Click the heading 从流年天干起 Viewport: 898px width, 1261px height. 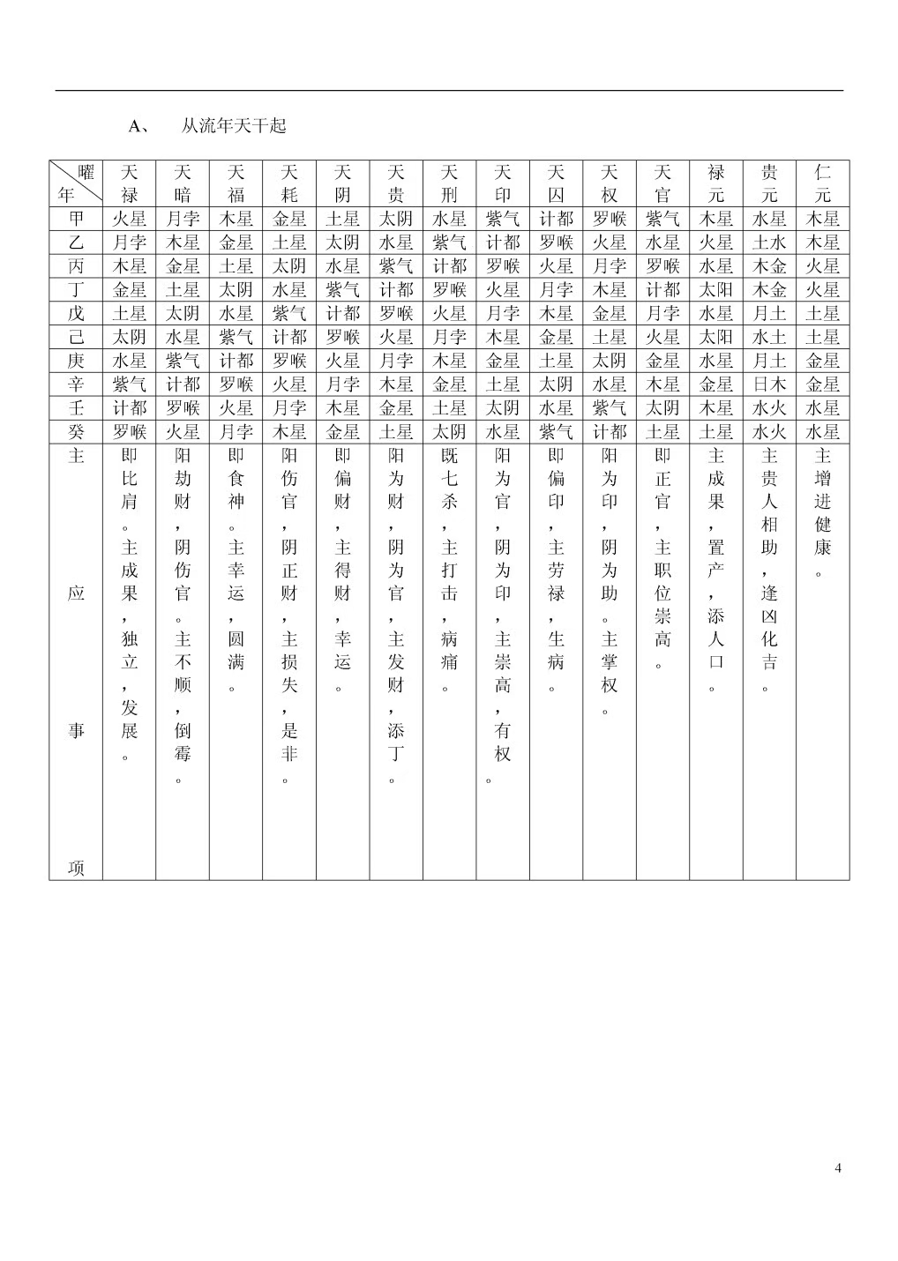tap(233, 126)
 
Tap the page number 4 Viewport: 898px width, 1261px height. tap(837, 1168)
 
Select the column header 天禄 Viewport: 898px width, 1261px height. tap(130, 183)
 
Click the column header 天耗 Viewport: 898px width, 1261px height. tap(289, 183)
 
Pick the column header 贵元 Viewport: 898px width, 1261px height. tap(769, 183)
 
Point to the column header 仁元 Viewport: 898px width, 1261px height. tap(822, 183)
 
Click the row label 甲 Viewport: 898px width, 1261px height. tap(76, 219)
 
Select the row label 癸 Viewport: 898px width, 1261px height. tap(76, 432)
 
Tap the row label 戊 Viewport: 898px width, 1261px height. tap(76, 313)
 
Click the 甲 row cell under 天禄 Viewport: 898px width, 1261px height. tap(130, 219)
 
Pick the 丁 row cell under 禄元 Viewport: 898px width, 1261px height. tap(715, 290)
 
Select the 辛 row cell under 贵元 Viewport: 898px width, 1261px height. tap(769, 384)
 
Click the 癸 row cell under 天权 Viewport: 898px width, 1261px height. tap(609, 432)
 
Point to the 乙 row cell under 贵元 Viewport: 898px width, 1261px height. tap(769, 242)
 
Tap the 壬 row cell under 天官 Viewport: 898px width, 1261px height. tap(662, 408)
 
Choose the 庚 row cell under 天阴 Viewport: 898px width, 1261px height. tap(342, 361)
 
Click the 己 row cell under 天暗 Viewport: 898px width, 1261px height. tap(183, 337)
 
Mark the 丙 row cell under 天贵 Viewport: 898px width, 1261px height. tap(396, 266)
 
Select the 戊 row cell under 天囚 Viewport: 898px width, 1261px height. tap(556, 313)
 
